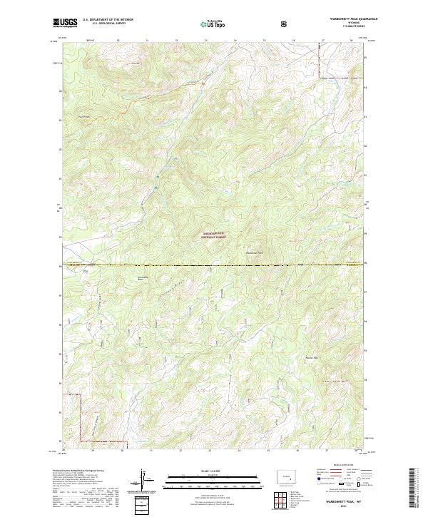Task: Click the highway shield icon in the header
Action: tap(286, 24)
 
